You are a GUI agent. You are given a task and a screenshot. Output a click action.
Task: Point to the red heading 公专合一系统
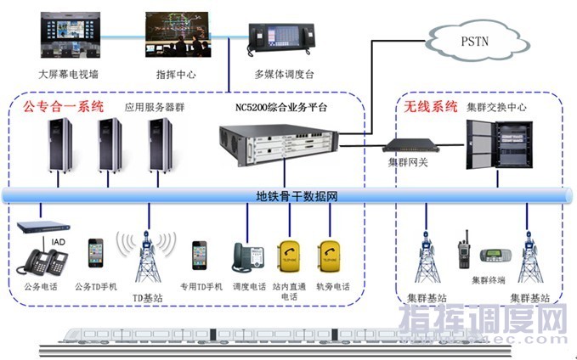pos(64,108)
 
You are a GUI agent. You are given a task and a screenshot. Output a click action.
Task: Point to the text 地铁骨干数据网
pos(297,196)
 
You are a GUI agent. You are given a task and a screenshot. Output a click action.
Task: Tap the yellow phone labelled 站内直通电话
pos(287,256)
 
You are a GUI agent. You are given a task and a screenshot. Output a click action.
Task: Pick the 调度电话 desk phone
pos(248,256)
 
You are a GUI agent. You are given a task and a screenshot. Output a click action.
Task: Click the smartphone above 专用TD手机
pos(200,254)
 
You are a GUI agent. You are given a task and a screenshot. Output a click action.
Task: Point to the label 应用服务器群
pos(154,108)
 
